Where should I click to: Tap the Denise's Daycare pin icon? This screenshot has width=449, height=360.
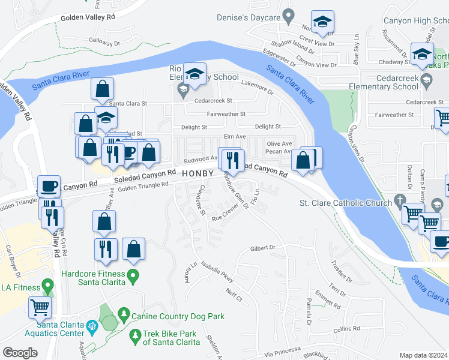(289, 13)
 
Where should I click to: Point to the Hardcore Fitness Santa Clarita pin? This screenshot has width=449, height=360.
(134, 277)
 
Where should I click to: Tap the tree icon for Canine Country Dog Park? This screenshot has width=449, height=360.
(124, 313)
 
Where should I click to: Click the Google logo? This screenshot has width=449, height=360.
(20, 353)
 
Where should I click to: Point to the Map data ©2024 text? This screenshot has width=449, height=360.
(423, 355)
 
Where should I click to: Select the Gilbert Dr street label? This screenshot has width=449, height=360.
(262, 247)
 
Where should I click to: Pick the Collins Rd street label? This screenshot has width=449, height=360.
(346, 329)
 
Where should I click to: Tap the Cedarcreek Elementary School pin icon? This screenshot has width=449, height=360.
(426, 79)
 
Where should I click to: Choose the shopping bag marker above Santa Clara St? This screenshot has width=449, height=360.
(103, 89)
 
